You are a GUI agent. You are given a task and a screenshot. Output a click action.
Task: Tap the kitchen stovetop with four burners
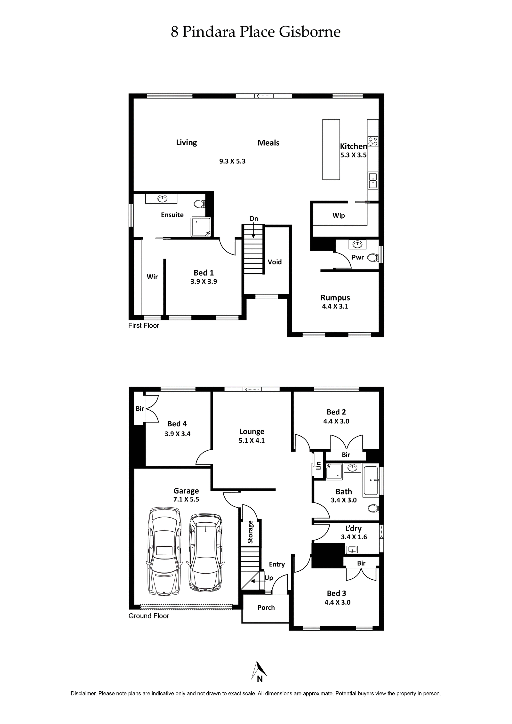coord(373,141)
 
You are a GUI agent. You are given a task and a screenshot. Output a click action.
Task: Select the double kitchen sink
coord(373,181)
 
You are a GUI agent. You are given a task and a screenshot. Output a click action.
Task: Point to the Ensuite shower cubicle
coord(201,227)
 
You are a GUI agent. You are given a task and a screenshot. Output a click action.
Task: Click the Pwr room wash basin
coord(357,245)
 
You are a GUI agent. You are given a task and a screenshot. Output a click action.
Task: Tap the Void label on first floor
coord(275,262)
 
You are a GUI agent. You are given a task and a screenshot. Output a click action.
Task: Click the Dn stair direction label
coord(254,219)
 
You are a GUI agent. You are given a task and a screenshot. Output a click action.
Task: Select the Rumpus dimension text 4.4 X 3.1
coord(335,306)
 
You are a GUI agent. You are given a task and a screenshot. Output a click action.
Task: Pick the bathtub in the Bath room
coord(371,480)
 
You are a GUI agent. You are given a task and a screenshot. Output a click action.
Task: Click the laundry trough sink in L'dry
coord(352,550)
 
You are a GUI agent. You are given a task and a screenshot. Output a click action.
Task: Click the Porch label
coord(266,607)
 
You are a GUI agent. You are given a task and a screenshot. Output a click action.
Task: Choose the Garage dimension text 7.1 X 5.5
coord(186,499)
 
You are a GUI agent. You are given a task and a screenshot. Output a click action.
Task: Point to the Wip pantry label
coord(339,215)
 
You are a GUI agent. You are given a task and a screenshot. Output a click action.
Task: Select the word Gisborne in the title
coord(309,32)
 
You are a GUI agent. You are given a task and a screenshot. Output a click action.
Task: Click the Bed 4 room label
coord(177,424)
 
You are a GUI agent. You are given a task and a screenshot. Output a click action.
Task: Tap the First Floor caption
coord(143,326)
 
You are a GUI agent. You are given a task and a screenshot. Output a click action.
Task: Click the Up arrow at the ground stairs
coord(255,581)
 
